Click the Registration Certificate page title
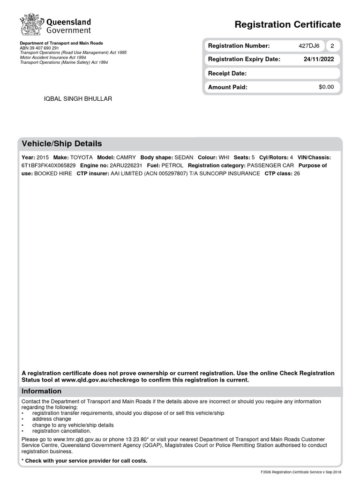[x=287, y=24]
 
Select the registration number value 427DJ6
[x=309, y=46]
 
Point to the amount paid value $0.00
[x=326, y=87]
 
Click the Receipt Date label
[x=227, y=74]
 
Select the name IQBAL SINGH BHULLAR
[x=78, y=99]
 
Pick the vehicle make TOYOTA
[x=82, y=157]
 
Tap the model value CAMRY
[x=126, y=157]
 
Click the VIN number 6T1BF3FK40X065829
[x=48, y=165]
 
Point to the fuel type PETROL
[x=172, y=165]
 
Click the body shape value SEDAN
[x=184, y=157]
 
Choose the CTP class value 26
[x=296, y=173]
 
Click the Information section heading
[x=42, y=391]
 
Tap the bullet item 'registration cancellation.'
[x=62, y=431]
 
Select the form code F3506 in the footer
[x=266, y=472]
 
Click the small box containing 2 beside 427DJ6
[x=332, y=46]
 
